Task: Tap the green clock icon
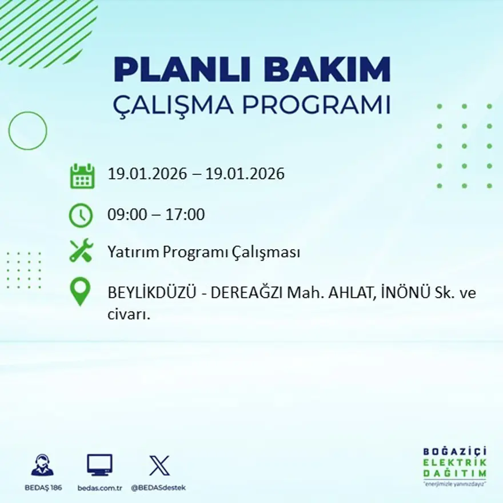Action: point(81,215)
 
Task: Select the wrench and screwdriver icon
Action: point(81,251)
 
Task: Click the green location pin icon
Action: point(80,291)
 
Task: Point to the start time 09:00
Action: point(126,215)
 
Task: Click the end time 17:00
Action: point(185,215)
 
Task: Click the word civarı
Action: point(129,314)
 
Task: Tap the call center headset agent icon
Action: point(42,465)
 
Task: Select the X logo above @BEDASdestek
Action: point(159,465)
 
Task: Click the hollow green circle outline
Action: point(27,131)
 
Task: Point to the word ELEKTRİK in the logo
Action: point(455,462)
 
